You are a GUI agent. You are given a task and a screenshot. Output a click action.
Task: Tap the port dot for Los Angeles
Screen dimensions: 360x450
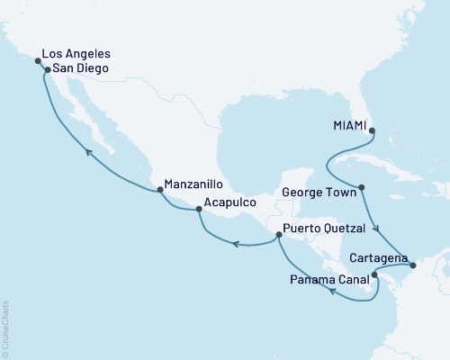(x=38, y=61)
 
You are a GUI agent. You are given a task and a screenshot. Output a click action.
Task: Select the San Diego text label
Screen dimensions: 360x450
(x=84, y=67)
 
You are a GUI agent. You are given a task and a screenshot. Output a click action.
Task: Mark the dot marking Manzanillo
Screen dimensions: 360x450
(x=160, y=189)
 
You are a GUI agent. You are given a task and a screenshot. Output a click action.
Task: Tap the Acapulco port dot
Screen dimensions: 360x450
(x=199, y=210)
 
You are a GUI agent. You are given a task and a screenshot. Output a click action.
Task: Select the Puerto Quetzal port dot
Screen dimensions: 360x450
(x=277, y=235)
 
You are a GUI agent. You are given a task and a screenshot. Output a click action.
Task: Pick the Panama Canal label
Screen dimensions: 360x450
(x=324, y=277)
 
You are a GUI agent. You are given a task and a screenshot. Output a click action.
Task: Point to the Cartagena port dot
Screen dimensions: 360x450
(x=412, y=265)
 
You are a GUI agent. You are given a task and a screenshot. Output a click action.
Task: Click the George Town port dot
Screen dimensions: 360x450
(x=361, y=189)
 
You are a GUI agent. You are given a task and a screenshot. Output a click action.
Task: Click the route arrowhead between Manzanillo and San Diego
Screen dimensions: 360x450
(x=88, y=153)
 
